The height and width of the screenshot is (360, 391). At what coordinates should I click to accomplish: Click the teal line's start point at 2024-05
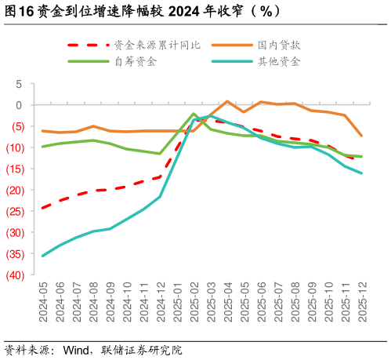(x=42, y=256)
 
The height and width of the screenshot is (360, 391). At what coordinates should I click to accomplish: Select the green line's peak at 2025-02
(x=194, y=114)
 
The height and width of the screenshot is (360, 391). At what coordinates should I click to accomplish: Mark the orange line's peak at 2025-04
(x=227, y=101)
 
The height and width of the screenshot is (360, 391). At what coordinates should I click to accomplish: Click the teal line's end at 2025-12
(x=361, y=173)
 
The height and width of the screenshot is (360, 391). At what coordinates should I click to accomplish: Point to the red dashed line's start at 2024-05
(x=42, y=208)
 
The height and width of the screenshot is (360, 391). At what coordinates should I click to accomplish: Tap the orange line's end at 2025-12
(x=361, y=136)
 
